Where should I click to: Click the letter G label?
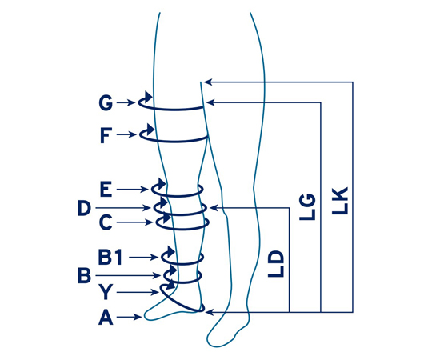click(x=106, y=102)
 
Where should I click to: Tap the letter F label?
click(x=106, y=135)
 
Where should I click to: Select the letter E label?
click(x=106, y=190)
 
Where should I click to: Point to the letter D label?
click(x=84, y=208)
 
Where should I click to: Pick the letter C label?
click(x=106, y=222)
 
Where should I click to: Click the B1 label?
click(x=110, y=258)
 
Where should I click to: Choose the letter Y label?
click(x=106, y=292)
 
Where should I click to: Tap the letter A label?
click(x=106, y=318)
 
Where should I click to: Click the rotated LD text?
click(x=276, y=263)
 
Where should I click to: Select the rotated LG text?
click(x=307, y=207)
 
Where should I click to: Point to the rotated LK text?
click(x=340, y=201)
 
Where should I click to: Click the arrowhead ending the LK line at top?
click(x=208, y=82)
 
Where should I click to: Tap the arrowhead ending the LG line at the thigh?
click(x=210, y=102)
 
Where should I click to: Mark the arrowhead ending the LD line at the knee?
click(x=214, y=208)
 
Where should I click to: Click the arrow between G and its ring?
click(x=126, y=102)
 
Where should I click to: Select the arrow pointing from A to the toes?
click(x=130, y=317)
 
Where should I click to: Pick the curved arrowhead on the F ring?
click(x=150, y=129)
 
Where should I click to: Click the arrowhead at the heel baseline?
click(x=210, y=312)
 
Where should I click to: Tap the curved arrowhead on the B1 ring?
click(x=171, y=251)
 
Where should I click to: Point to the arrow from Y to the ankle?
click(x=138, y=292)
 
